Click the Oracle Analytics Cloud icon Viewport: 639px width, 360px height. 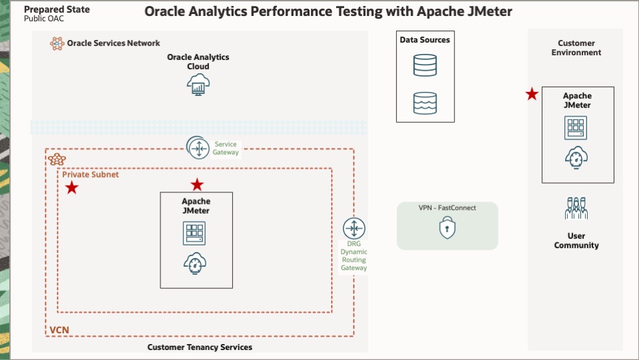coord(198,85)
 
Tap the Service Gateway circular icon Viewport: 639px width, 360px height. coord(198,148)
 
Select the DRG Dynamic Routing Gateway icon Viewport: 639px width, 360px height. coord(353,229)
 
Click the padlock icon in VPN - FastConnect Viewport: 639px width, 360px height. coord(447,229)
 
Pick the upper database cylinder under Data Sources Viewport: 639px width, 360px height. coord(425,65)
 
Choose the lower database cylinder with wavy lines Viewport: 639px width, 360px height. coord(425,102)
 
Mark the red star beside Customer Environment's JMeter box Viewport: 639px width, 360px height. coord(532,94)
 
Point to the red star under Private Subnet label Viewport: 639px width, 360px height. coord(71,188)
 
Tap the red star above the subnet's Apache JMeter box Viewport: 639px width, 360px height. coord(197,184)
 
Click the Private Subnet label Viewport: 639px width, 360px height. coord(91,174)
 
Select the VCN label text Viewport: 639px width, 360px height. coord(59,330)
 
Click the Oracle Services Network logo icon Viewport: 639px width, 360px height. coord(57,43)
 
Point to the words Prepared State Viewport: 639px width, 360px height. coord(57,10)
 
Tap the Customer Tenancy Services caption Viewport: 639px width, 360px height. coord(200,347)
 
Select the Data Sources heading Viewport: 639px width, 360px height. coord(425,40)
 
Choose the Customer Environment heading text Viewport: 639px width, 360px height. coord(576,48)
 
